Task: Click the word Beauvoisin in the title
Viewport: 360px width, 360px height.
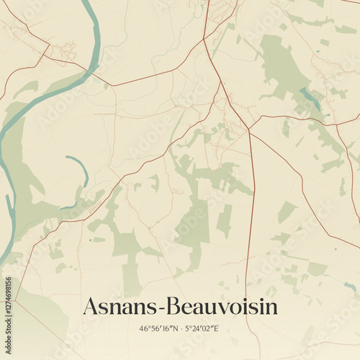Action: pos(223,307)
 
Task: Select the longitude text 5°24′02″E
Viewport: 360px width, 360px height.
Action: pos(203,329)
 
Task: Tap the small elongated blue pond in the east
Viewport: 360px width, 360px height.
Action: pos(311,98)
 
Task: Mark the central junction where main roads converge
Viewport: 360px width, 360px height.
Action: pos(248,130)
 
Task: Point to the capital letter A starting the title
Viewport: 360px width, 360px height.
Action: pos(91,307)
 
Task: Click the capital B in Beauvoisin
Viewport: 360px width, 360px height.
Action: pos(175,307)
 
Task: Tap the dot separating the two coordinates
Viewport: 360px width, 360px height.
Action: pos(181,329)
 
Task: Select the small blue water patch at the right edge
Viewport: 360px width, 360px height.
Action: pos(351,288)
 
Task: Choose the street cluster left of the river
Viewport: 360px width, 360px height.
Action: pos(61,50)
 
